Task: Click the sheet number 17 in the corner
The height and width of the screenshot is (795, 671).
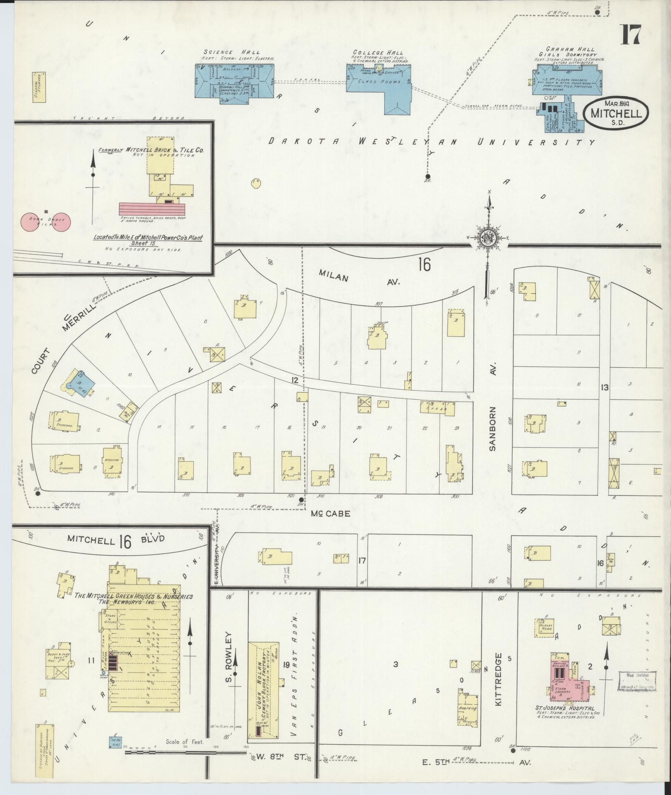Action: (631, 35)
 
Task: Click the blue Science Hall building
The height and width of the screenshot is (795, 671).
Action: (234, 82)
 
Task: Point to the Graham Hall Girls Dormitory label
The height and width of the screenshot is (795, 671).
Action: (567, 52)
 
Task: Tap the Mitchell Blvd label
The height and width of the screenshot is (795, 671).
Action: (116, 540)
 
